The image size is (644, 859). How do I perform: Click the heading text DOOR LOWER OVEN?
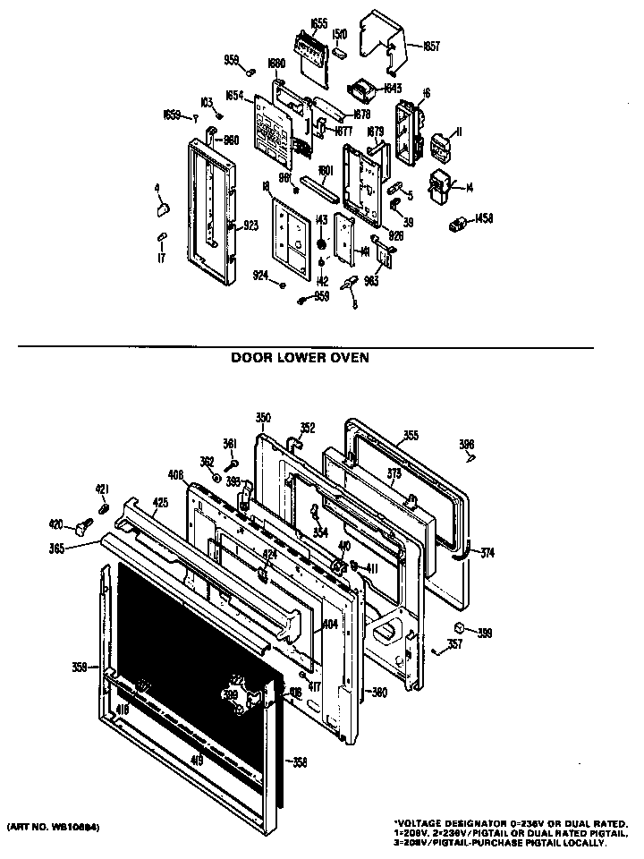pyautogui.click(x=300, y=356)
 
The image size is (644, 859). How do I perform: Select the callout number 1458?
pyautogui.click(x=484, y=217)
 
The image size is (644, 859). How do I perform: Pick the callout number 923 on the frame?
pyautogui.click(x=250, y=226)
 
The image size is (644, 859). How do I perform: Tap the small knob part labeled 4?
pyautogui.click(x=162, y=208)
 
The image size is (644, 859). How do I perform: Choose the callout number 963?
pyautogui.click(x=372, y=280)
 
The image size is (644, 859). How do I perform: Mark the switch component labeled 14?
pyautogui.click(x=441, y=186)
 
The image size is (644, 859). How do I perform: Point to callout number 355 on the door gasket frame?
pyautogui.click(x=410, y=436)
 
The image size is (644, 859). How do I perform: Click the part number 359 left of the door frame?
pyautogui.click(x=80, y=666)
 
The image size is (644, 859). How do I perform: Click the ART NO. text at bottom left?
pyautogui.click(x=53, y=828)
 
